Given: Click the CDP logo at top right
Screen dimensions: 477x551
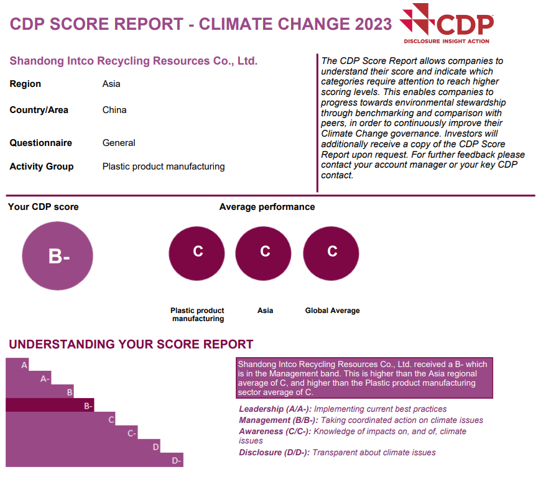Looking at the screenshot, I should tap(447, 24).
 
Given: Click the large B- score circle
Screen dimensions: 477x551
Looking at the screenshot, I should tap(57, 256).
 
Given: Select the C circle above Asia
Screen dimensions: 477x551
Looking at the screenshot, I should tap(265, 252).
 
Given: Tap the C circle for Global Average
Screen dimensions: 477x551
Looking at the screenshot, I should tap(332, 252).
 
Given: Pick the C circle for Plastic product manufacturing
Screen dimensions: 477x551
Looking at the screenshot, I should tap(197, 252).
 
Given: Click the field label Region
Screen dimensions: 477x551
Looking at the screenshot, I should tap(25, 84).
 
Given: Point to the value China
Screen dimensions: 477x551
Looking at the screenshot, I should tap(114, 110).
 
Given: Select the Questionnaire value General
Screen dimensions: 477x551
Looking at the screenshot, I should tap(119, 143).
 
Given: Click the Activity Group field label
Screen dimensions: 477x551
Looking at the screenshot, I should tap(42, 166).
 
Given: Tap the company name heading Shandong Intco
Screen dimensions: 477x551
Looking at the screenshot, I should tap(133, 61).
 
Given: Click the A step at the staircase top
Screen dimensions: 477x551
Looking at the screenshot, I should tap(24, 365).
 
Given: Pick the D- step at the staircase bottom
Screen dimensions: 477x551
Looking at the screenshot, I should tap(176, 460).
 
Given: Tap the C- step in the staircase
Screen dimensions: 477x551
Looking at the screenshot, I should tap(132, 433).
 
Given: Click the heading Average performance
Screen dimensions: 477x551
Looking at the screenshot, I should tap(267, 207).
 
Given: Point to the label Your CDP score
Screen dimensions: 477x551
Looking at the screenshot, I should tap(44, 207).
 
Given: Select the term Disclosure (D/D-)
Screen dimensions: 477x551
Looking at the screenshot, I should tap(274, 452).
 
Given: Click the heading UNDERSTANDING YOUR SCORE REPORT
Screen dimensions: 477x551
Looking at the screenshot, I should tap(131, 344).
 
